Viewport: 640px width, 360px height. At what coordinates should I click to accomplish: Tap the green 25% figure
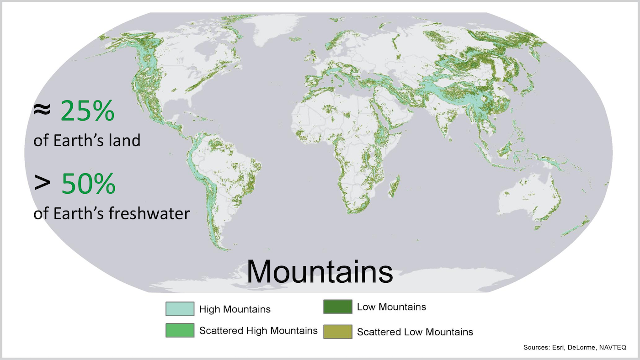87,111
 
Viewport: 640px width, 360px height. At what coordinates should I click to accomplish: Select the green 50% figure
88,184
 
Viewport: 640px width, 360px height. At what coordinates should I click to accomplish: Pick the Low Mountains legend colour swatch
337,307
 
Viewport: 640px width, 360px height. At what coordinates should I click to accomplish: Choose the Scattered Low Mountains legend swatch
337,332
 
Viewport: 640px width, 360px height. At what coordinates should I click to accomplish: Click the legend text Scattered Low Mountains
415,332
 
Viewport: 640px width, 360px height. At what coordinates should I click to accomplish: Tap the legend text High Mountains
235,309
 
